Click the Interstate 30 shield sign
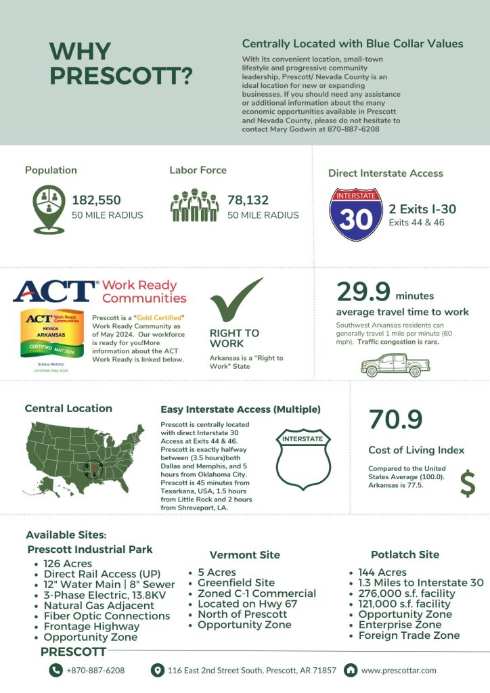[355, 215]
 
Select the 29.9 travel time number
[363, 292]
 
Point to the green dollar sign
[467, 482]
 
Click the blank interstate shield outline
[303, 460]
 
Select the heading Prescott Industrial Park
[90, 549]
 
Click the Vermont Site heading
[244, 555]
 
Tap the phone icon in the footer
[55, 670]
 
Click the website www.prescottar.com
[399, 670]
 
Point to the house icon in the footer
[351, 670]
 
